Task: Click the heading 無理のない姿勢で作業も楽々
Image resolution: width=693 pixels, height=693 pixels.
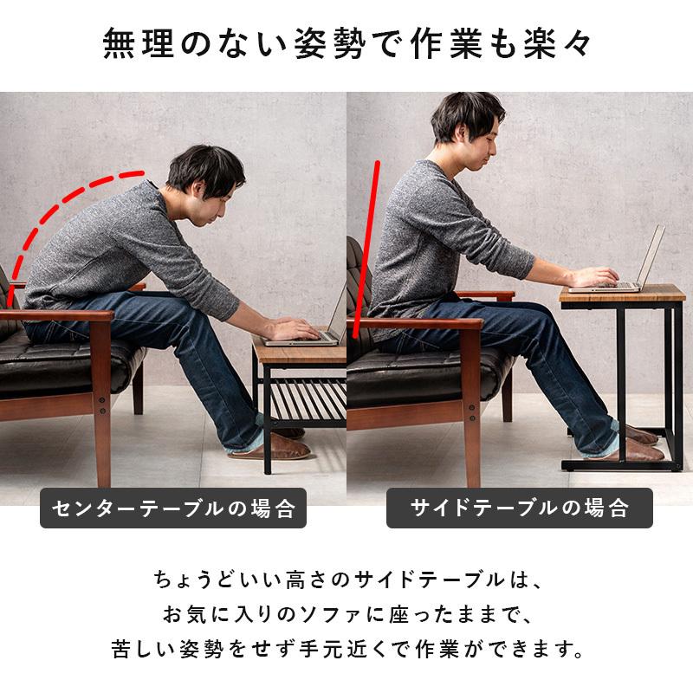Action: (346, 45)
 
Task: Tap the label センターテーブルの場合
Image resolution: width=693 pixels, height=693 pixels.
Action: (173, 508)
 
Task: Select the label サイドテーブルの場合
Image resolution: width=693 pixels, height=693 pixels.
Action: (519, 508)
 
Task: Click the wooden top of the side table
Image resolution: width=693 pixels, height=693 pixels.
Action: (621, 295)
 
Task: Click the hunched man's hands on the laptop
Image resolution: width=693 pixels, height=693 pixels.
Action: (290, 330)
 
